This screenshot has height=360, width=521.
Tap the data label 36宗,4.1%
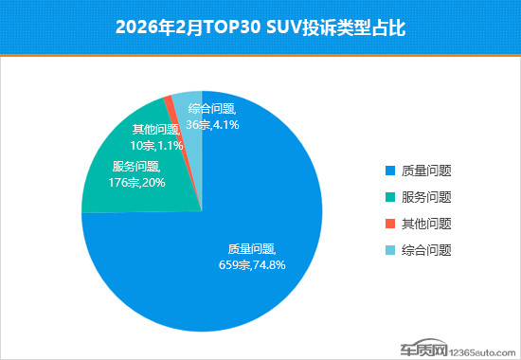(x=209, y=123)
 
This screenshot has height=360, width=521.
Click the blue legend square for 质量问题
(x=387, y=171)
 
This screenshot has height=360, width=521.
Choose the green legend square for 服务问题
(x=387, y=198)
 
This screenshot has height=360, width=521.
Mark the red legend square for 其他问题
(x=387, y=225)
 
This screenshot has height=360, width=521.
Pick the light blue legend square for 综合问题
(x=387, y=251)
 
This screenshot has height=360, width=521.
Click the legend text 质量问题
(x=425, y=171)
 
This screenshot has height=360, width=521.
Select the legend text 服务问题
(x=425, y=198)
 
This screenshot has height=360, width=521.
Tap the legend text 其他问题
(x=425, y=225)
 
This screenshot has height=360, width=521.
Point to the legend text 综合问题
(x=425, y=251)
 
